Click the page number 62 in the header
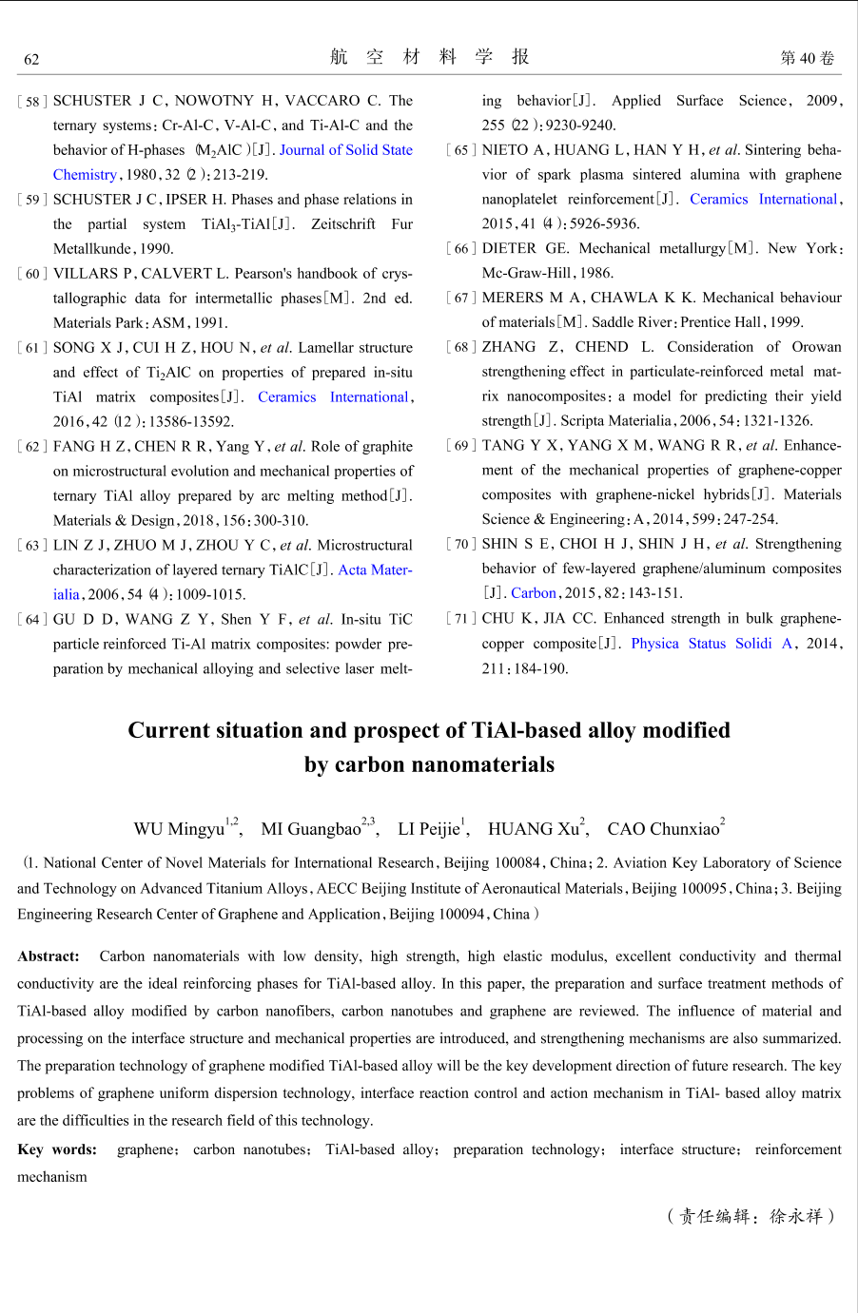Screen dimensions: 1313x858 click(31, 59)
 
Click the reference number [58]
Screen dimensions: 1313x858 click(32, 101)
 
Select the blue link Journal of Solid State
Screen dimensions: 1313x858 click(346, 149)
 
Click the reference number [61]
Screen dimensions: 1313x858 click(32, 348)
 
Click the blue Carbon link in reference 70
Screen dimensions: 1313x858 click(533, 592)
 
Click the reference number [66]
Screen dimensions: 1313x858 click(461, 248)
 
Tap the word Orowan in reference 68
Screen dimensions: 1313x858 click(816, 346)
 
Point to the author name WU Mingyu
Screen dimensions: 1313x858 click(179, 828)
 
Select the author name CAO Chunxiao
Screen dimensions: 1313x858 click(663, 828)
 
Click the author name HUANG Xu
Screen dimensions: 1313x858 click(534, 828)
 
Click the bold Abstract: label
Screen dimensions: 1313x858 click(49, 956)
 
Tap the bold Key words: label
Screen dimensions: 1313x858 click(57, 1149)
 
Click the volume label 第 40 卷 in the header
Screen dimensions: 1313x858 click(807, 58)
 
